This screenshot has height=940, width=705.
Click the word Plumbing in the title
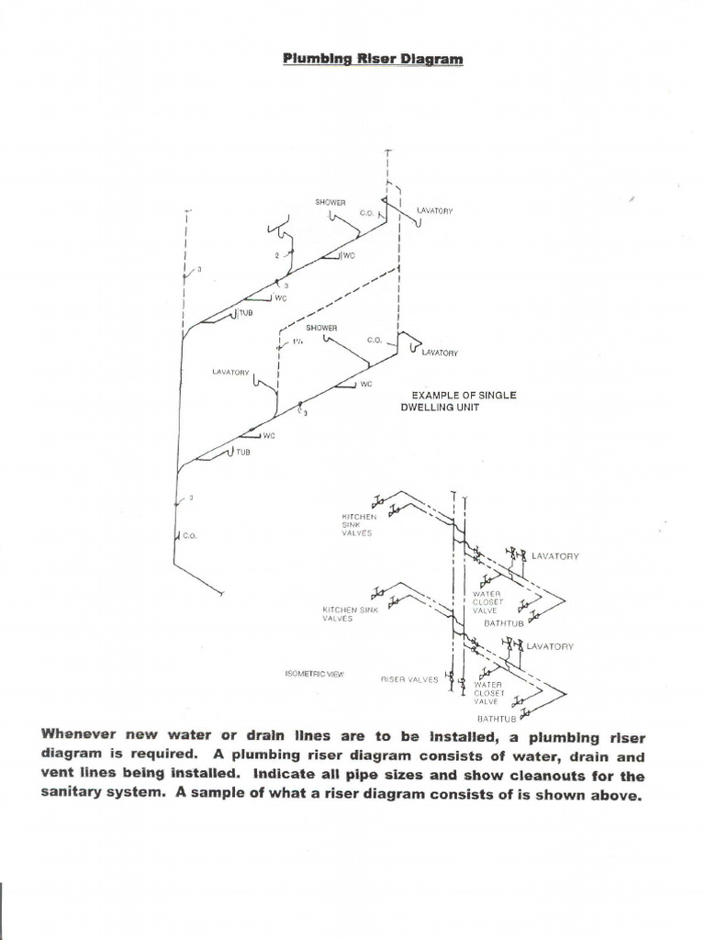pyautogui.click(x=310, y=59)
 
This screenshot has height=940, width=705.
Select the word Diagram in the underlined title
pyautogui.click(x=431, y=59)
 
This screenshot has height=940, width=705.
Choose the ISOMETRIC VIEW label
pyautogui.click(x=315, y=674)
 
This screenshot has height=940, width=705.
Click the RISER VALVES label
pyautogui.click(x=409, y=679)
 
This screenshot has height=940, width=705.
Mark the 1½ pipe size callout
pyautogui.click(x=297, y=341)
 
